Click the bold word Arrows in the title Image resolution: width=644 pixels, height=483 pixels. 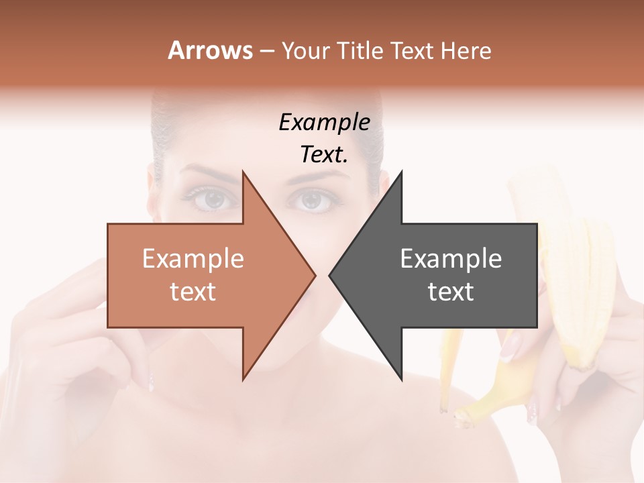tap(210, 50)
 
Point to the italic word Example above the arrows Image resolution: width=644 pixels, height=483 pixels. tap(324, 123)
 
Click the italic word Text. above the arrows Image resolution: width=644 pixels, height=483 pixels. tap(324, 155)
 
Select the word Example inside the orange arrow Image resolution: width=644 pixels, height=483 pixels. tap(193, 259)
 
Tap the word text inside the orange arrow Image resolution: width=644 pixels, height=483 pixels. tap(193, 292)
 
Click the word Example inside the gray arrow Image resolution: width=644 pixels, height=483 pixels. tap(451, 259)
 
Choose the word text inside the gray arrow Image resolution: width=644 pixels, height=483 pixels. tap(451, 292)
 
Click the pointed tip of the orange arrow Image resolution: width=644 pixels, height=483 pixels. tap(314, 275)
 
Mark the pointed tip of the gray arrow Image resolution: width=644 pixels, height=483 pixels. tap(330, 275)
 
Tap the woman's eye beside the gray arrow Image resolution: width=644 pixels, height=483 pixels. tap(311, 199)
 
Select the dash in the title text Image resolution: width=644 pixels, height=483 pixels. tap(266, 52)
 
